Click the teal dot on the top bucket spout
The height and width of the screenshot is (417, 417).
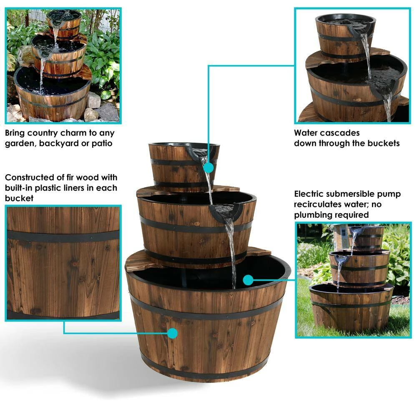pos(209,168)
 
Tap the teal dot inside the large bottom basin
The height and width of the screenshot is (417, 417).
pos(249,279)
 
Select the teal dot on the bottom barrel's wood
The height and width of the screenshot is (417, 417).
pos(172,333)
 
